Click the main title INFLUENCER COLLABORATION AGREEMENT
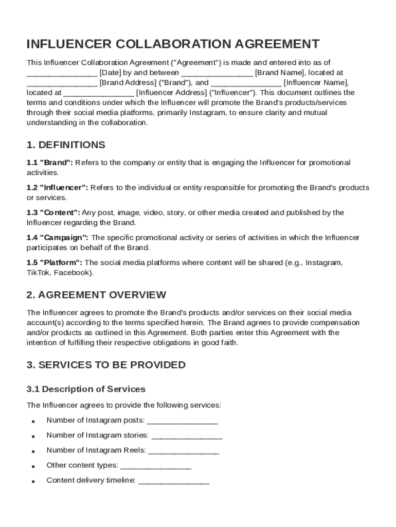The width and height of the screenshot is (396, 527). [173, 44]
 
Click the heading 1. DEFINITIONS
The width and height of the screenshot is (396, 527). [66, 145]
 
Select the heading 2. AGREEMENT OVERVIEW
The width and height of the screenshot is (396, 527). [96, 295]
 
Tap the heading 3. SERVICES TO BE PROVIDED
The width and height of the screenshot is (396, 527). [106, 365]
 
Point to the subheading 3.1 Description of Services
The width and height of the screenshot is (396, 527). [86, 389]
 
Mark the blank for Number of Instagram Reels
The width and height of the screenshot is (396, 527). [184, 451]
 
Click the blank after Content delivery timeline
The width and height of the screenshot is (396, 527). [174, 482]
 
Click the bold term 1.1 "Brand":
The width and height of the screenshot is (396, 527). [50, 163]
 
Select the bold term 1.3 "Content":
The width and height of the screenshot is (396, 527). [53, 213]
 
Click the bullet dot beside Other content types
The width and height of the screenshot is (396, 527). [33, 467]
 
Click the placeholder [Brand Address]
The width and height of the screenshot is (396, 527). [128, 83]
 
